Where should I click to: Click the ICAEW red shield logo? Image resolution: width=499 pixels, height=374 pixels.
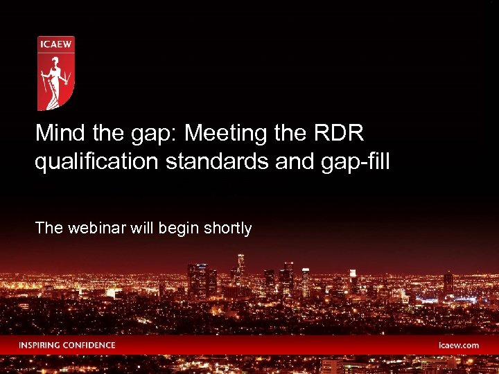pyautogui.click(x=55, y=73)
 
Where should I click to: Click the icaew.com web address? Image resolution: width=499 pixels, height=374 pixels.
pyautogui.click(x=458, y=345)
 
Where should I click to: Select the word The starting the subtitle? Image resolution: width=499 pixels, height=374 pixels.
pyautogui.click(x=48, y=228)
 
